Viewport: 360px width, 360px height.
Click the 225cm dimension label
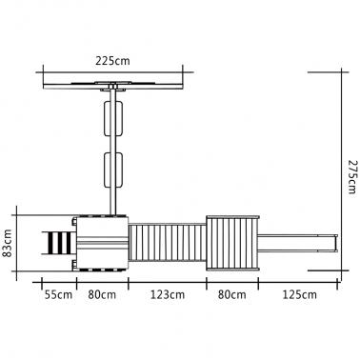coord(112,61)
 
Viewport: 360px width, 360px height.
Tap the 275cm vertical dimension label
coord(352,176)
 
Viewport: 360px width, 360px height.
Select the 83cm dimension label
coord(7,244)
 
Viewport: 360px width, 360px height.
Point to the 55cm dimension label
coord(58,295)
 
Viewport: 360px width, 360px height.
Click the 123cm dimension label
coord(168,295)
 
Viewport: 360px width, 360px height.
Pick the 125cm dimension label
coord(299,295)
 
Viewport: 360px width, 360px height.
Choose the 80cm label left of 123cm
coord(102,295)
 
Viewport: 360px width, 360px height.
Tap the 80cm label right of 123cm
coord(231,295)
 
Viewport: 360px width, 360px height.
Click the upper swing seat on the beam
coord(113,119)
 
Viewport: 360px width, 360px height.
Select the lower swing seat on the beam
coord(113,170)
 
